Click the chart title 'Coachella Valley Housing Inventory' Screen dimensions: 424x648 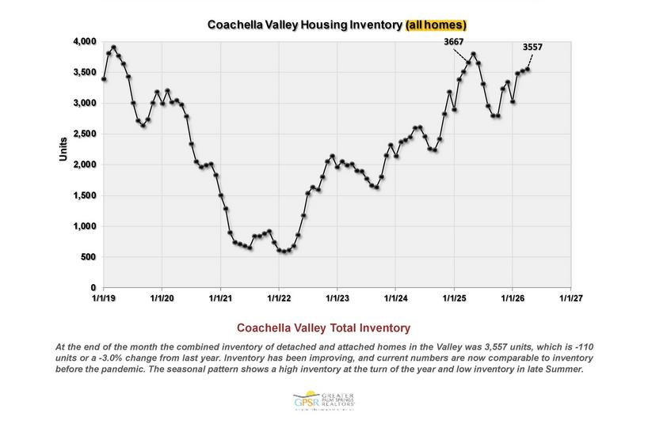(304, 25)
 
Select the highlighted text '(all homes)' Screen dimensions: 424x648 (440, 25)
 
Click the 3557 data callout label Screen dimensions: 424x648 (533, 47)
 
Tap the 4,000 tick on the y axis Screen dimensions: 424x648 (85, 41)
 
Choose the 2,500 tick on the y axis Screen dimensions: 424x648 (85, 134)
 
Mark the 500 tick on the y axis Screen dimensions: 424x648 (89, 257)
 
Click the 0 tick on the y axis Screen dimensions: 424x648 (93, 288)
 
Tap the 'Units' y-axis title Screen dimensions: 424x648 (64, 149)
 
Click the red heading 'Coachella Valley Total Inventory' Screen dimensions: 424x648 (325, 327)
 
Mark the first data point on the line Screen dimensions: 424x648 (104, 79)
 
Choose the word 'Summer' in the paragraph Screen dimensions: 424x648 (564, 370)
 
